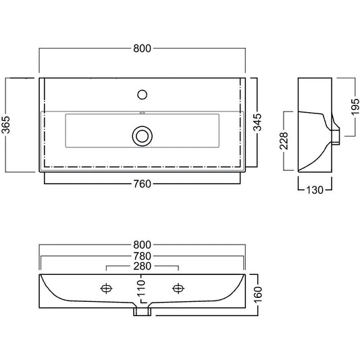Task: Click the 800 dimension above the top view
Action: pyautogui.click(x=142, y=49)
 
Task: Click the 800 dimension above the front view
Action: pyautogui.click(x=142, y=245)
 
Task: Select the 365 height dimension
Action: pyautogui.click(x=6, y=125)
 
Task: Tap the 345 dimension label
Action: pyautogui.click(x=257, y=122)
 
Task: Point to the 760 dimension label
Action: pyautogui.click(x=142, y=184)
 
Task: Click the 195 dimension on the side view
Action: pyautogui.click(x=355, y=107)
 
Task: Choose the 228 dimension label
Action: pyautogui.click(x=284, y=140)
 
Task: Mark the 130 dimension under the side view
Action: pyautogui.click(x=315, y=190)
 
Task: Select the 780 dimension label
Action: pyautogui.click(x=142, y=256)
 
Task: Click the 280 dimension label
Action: pyautogui.click(x=142, y=266)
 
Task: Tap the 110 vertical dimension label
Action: pyautogui.click(x=142, y=288)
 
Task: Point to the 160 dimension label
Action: pyautogui.click(x=258, y=295)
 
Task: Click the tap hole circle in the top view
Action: pyautogui.click(x=142, y=95)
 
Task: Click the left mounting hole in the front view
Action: pyautogui.click(x=106, y=288)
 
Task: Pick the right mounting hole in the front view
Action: pyautogui.click(x=178, y=288)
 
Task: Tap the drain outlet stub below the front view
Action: pyautogui.click(x=143, y=311)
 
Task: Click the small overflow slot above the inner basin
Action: pyautogui.click(x=143, y=113)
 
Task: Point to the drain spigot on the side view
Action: pyautogui.click(x=336, y=137)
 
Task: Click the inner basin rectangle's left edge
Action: pyautogui.click(x=66, y=130)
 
